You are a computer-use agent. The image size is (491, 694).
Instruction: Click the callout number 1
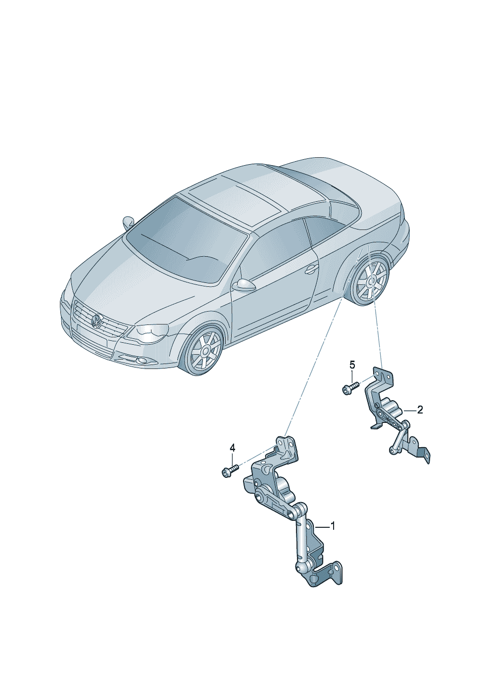pos(333,526)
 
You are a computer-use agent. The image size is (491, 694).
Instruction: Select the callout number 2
pos(420,410)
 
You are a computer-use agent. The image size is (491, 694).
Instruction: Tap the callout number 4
pos(232,448)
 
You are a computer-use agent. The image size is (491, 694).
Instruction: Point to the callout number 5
pos(352,365)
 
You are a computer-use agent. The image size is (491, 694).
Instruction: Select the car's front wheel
pos(204,350)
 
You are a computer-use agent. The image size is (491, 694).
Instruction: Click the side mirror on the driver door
pos(244,285)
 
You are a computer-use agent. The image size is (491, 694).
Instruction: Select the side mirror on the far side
pos(129,222)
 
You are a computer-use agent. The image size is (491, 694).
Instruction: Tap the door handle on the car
pos(311,270)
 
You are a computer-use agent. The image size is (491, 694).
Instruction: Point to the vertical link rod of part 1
pos(300,539)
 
